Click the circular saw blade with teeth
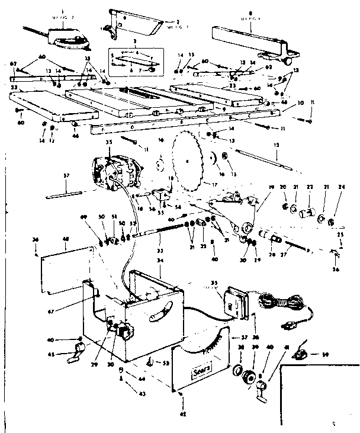point(188,161)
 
